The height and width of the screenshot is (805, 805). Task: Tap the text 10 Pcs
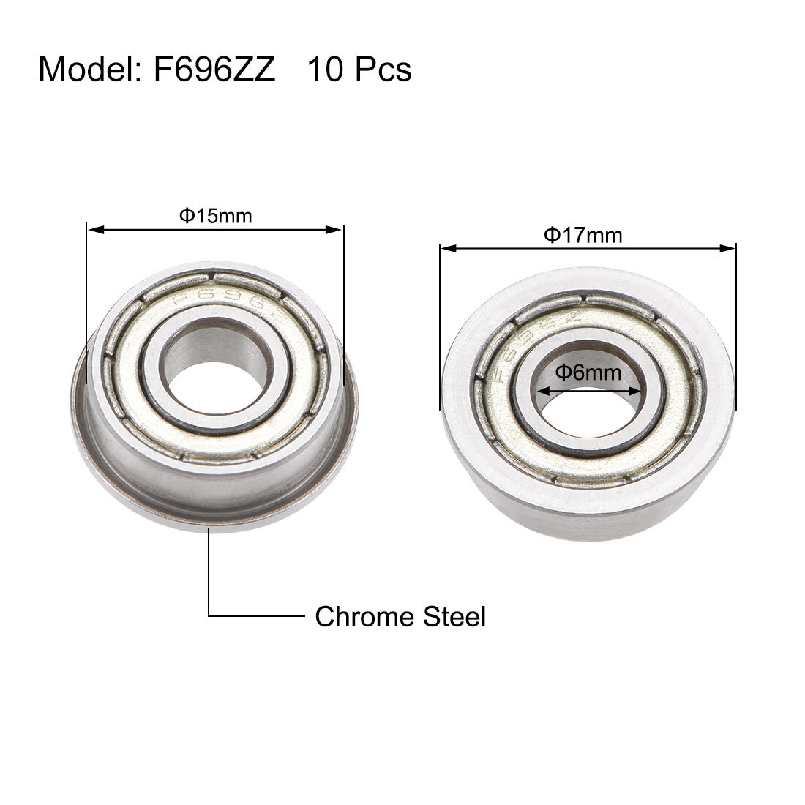(x=359, y=70)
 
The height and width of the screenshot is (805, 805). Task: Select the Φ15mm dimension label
(x=216, y=216)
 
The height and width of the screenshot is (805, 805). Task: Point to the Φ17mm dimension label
(x=583, y=235)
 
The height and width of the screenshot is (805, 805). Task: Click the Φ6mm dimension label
(x=588, y=372)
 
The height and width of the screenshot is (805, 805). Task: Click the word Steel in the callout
(x=454, y=617)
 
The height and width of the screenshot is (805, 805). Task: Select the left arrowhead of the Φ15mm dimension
(x=92, y=230)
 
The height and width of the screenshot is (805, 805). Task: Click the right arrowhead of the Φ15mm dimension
(x=338, y=230)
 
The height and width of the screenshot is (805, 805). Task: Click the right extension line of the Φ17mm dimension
(x=735, y=329)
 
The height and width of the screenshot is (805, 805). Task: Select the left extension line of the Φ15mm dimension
(x=87, y=307)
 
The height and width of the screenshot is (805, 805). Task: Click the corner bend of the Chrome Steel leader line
(x=209, y=616)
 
